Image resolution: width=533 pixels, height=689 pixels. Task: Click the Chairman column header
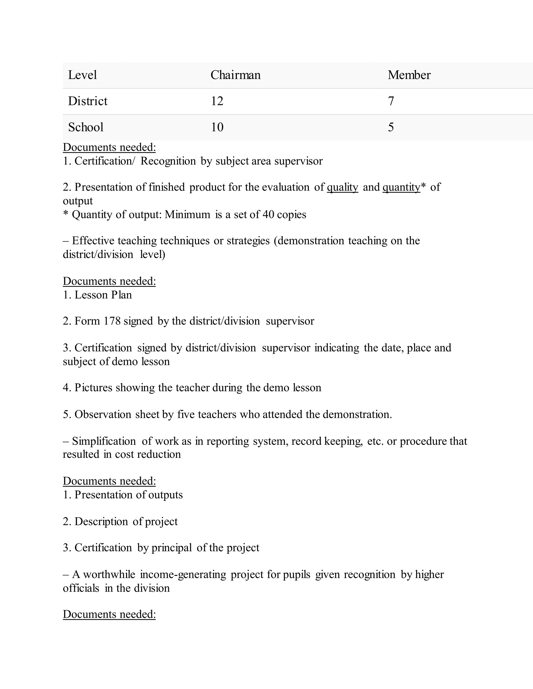pos(235,75)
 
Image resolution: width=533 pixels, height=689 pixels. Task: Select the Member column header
pos(409,75)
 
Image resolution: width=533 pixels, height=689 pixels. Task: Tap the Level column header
pos(83,75)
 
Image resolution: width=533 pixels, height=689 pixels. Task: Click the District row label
pos(88,101)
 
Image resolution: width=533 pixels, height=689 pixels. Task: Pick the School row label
pos(86,127)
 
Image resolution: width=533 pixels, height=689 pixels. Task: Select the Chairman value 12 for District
pos(217,101)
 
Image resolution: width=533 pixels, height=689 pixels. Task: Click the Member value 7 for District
pos(391,101)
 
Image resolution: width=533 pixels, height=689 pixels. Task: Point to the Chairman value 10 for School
pos(217,127)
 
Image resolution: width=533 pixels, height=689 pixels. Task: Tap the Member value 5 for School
pos(391,127)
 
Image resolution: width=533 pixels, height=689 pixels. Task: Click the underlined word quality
pos(342,187)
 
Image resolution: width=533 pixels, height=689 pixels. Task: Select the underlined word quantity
pos(401,187)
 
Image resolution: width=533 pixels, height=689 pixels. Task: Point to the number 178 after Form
pos(112,321)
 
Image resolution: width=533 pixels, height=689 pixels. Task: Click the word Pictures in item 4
pos(93,387)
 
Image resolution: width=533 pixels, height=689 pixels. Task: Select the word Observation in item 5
pos(103,414)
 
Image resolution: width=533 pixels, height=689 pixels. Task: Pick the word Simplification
pos(104,441)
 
